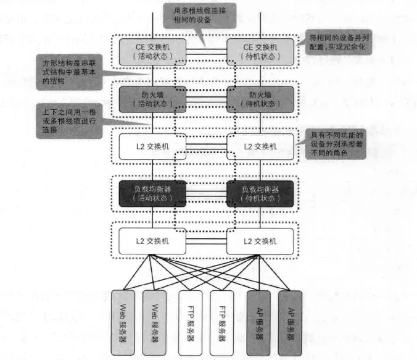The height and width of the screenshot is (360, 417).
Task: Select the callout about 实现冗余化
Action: [339, 43]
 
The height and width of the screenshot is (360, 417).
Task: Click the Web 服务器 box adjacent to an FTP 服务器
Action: [154, 322]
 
